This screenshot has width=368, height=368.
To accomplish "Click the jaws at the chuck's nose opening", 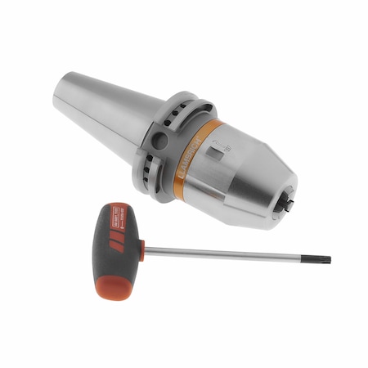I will pos(289,201).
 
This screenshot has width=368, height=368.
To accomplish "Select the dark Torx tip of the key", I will pos(325,260).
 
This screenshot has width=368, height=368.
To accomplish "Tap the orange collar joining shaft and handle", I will pos(140,248).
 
